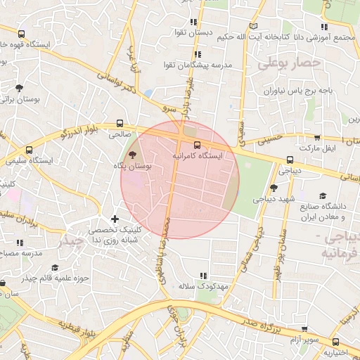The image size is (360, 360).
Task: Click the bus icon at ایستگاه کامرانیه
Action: (x=196, y=145)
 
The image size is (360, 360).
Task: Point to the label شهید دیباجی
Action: (x=273, y=199)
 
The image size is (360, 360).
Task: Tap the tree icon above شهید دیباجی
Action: (x=274, y=188)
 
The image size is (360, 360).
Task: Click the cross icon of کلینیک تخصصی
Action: (x=114, y=219)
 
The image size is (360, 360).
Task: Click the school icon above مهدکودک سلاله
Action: (x=204, y=276)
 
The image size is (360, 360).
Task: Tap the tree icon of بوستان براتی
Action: (x=18, y=88)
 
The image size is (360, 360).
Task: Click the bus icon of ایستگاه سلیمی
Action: (x=29, y=150)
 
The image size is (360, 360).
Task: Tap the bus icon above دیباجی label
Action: (x=290, y=160)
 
